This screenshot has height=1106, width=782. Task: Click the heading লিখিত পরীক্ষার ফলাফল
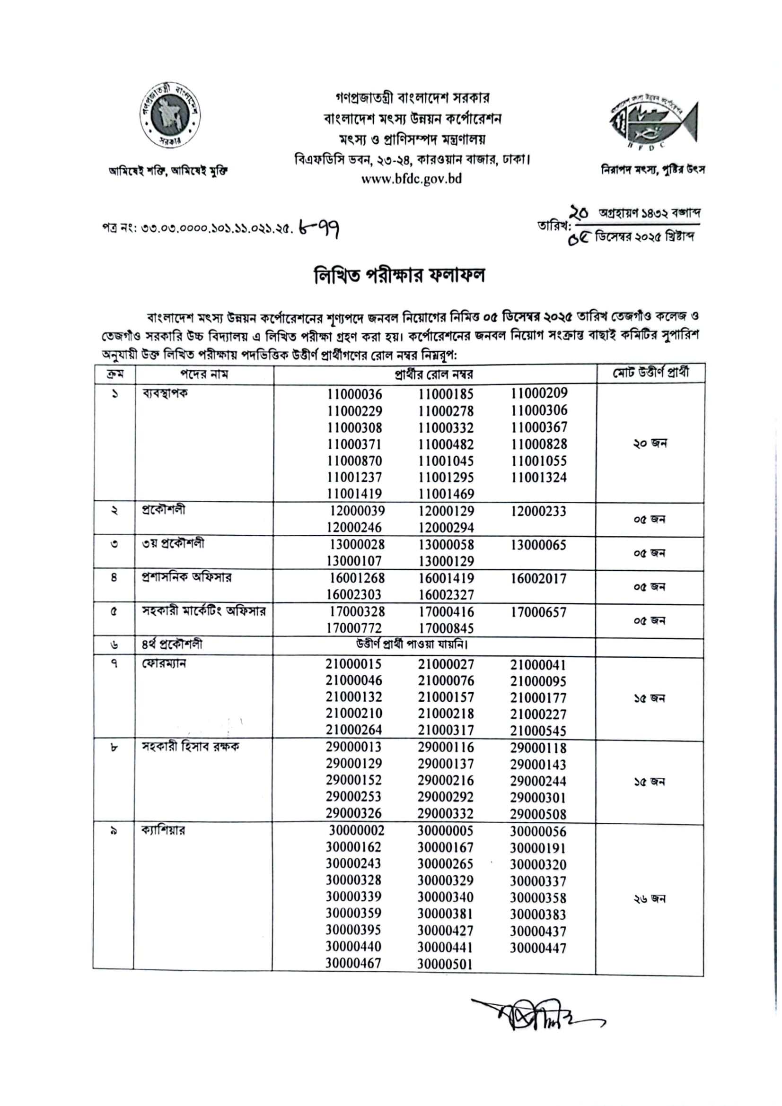(399, 276)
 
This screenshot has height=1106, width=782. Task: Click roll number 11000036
(354, 394)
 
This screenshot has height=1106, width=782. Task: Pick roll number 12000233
(538, 511)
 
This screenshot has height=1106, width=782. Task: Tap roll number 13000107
(354, 561)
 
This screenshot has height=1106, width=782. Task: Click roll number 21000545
(538, 731)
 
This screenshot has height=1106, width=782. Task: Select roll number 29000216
(446, 780)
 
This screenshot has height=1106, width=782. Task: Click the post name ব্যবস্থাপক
(165, 393)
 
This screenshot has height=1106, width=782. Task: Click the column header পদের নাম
(204, 374)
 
